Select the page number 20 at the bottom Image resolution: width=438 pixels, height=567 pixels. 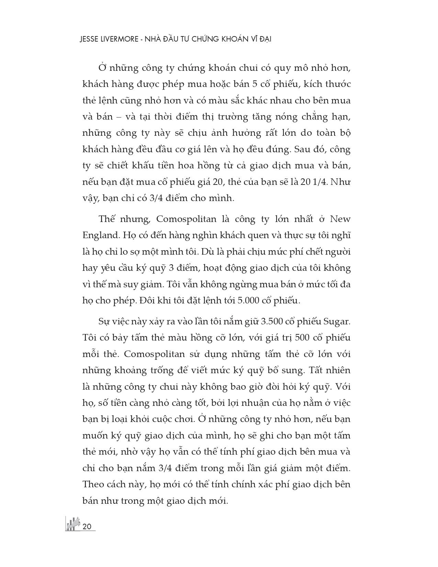pos(87,526)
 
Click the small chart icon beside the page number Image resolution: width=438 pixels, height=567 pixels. pos(72,524)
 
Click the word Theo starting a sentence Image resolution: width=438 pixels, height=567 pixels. pos(93,484)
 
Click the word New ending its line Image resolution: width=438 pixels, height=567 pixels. pos(340,219)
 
